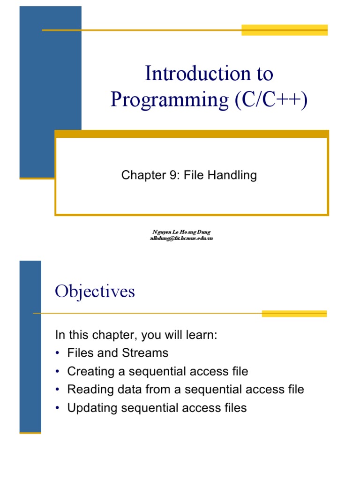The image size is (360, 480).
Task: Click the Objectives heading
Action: tap(95, 292)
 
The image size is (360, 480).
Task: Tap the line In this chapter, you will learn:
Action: tap(136, 335)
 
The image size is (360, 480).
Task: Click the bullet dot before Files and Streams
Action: tap(57, 353)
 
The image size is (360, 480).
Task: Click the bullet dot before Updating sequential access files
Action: tap(57, 408)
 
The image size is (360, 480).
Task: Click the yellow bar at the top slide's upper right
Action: tap(284, 30)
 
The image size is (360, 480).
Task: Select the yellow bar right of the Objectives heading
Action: tap(294, 313)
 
